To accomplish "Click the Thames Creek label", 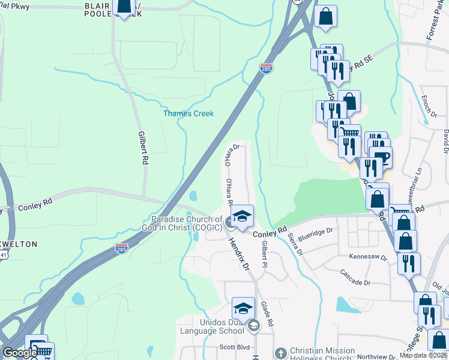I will (188, 113).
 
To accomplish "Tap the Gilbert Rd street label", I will (143, 148).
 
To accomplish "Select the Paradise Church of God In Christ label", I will (187, 223).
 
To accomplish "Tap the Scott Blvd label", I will (235, 347).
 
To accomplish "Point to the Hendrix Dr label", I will (238, 252).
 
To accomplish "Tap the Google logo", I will (19, 353).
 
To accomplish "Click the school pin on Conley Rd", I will (242, 215).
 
